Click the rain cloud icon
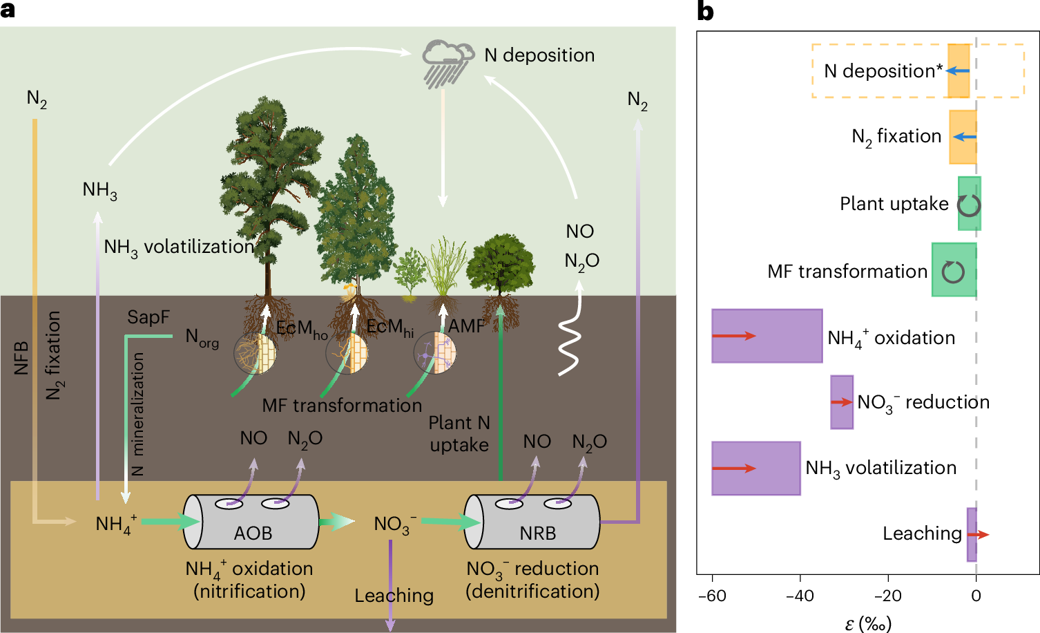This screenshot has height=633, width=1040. pos(448,64)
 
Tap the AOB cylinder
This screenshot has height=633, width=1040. pos(251,522)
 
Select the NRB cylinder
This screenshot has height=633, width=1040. pos(532,522)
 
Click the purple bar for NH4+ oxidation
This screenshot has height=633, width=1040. pos(767,336)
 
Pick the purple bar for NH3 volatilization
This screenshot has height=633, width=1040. pos(756,468)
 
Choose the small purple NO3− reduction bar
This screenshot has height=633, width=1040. pos(842,402)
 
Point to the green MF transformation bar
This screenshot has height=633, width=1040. pos(954,270)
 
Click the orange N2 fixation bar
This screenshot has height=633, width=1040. pos(963,137)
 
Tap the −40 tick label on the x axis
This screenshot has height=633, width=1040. pos(800,596)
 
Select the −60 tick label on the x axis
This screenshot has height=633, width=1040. pos(712,596)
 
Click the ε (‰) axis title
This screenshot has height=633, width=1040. pos(868,623)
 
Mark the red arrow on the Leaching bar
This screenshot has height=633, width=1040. pos(979,534)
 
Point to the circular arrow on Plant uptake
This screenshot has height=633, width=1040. pos(969,206)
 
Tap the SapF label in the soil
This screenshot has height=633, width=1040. pos(148,317)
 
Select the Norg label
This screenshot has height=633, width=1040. pos(202,338)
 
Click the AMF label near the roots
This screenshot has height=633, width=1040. pos(466,326)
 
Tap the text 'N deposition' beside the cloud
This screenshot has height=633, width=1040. pos(539,55)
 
